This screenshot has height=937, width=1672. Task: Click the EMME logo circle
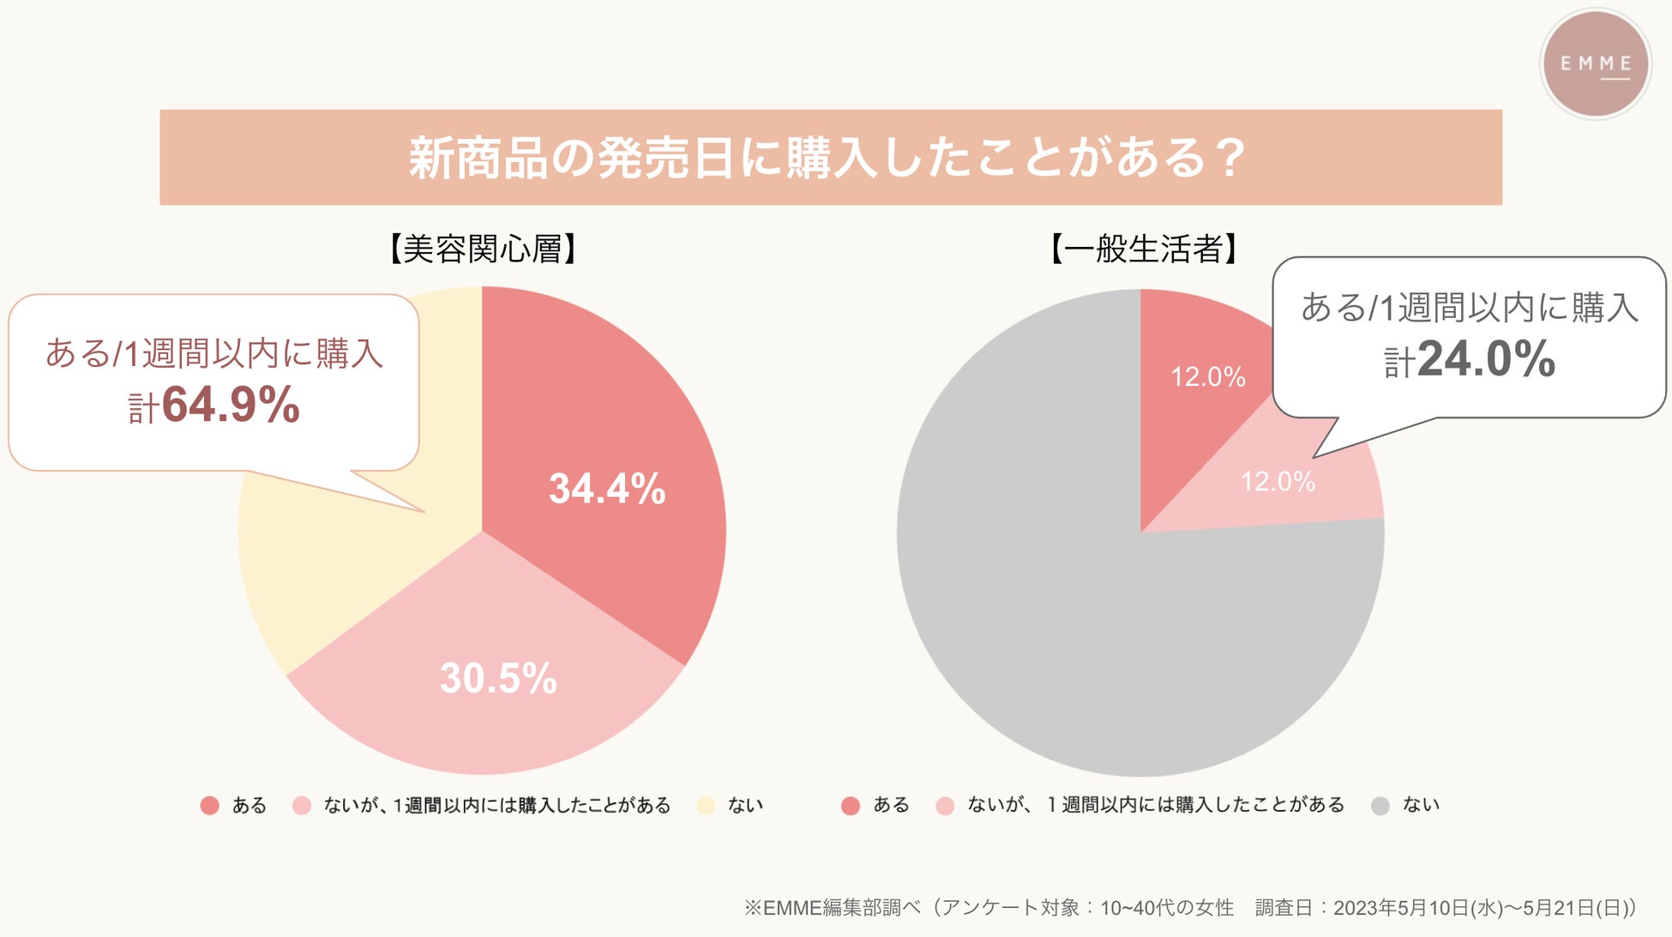pyautogui.click(x=1595, y=64)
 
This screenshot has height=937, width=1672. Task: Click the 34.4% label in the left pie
pyautogui.click(x=607, y=489)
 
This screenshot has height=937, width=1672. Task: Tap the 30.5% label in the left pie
pyautogui.click(x=498, y=678)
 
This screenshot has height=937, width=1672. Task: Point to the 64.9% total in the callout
pyautogui.click(x=230, y=405)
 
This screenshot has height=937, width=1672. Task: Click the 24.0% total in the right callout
pyautogui.click(x=1485, y=359)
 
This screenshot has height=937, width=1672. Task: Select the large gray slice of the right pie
pyautogui.click(x=1072, y=634)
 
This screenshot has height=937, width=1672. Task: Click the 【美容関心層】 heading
pyautogui.click(x=483, y=249)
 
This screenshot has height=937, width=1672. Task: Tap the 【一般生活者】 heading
pyautogui.click(x=1144, y=249)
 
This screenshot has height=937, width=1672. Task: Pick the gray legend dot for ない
pyautogui.click(x=1380, y=806)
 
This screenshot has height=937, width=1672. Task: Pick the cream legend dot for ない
pyautogui.click(x=706, y=806)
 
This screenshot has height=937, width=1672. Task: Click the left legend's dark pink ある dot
pyautogui.click(x=209, y=806)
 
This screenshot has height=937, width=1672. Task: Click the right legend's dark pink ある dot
pyautogui.click(x=851, y=806)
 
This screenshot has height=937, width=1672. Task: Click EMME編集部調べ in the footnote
pyautogui.click(x=832, y=908)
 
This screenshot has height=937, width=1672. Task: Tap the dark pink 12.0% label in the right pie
pyautogui.click(x=1207, y=377)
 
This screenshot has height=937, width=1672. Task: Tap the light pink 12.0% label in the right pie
pyautogui.click(x=1278, y=482)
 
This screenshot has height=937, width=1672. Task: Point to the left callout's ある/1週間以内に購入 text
pyautogui.click(x=214, y=353)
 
